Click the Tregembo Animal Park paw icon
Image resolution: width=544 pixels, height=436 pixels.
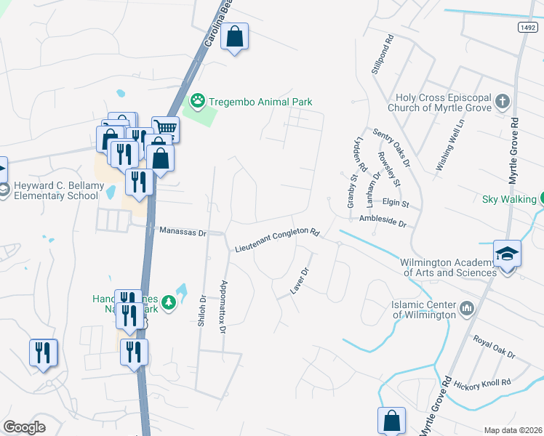pyautogui.click(x=196, y=101)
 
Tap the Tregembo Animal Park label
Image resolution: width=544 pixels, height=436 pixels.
pyautogui.click(x=260, y=102)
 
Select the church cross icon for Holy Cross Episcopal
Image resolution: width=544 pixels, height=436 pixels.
pyautogui.click(x=503, y=101)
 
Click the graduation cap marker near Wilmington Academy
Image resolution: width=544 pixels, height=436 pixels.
pyautogui.click(x=507, y=254)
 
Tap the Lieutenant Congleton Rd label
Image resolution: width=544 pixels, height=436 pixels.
pyautogui.click(x=277, y=241)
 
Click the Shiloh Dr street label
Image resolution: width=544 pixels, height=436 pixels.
pyautogui.click(x=203, y=310)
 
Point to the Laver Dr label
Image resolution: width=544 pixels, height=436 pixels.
pyautogui.click(x=300, y=280)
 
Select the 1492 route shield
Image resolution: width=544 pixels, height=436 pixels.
pyautogui.click(x=528, y=27)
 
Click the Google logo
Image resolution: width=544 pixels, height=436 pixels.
pyautogui.click(x=25, y=427)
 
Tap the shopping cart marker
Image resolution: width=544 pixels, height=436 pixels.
pyautogui.click(x=165, y=129)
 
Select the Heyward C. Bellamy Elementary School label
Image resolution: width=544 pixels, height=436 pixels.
pyautogui.click(x=56, y=190)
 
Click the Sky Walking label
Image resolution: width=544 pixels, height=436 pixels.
pyautogui.click(x=508, y=198)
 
